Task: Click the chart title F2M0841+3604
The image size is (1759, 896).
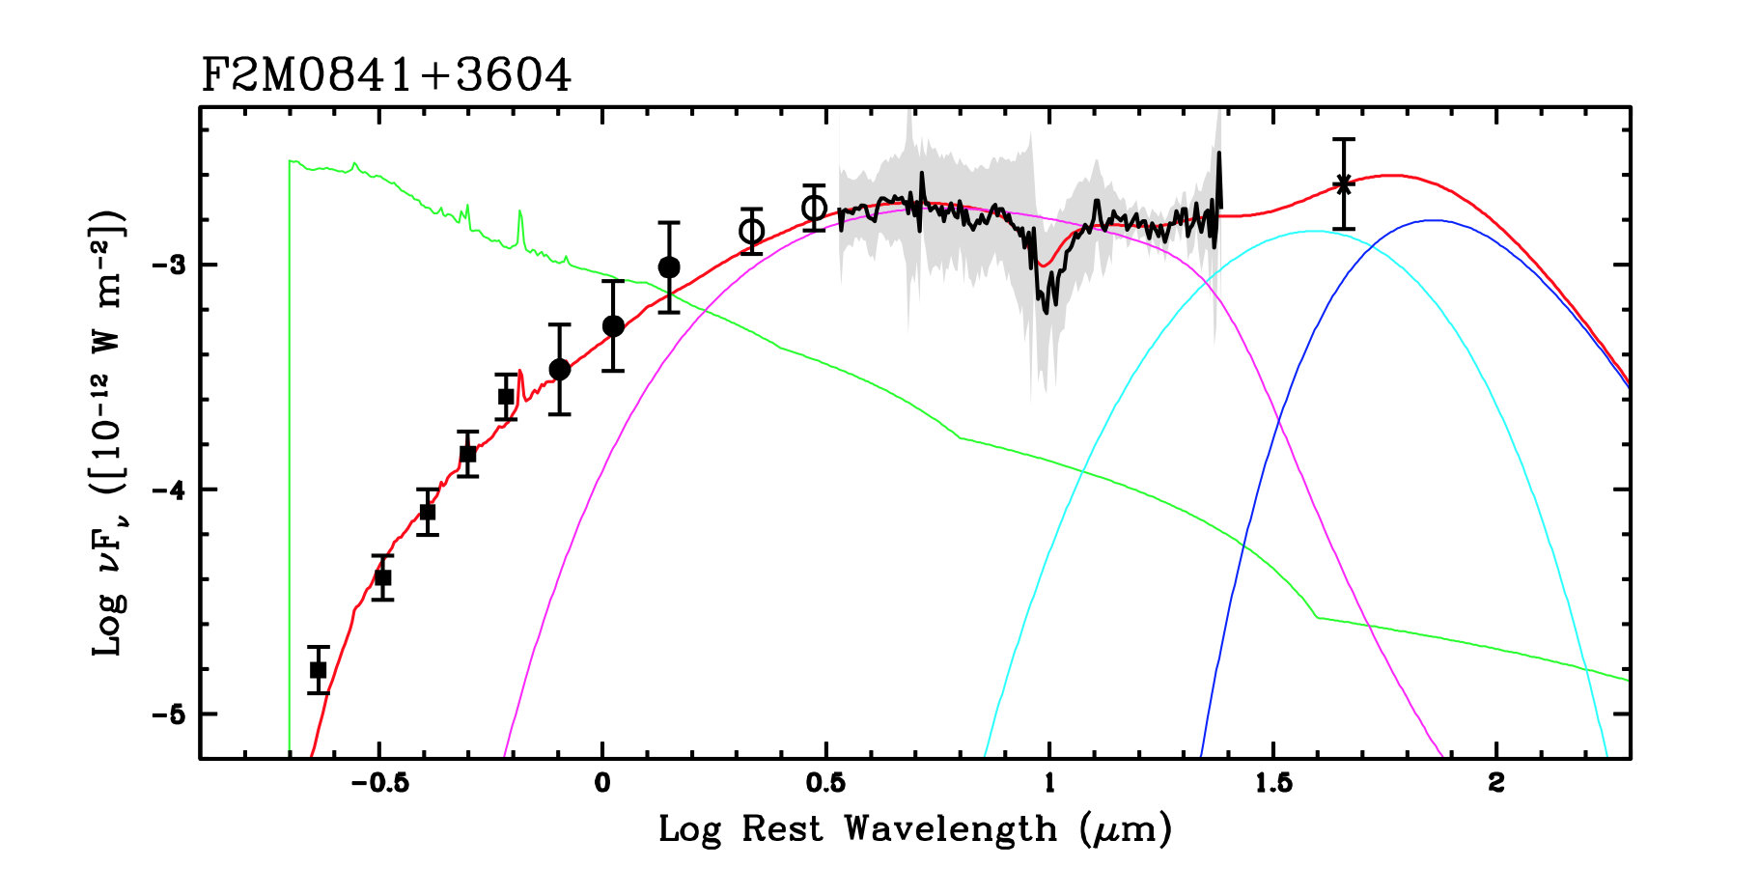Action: pos(386,76)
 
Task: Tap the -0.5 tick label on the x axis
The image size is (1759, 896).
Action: pos(379,782)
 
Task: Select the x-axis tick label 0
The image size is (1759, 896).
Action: pos(602,782)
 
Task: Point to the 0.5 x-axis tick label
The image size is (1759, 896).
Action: pos(825,782)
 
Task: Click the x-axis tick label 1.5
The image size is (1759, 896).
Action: pos(1273,782)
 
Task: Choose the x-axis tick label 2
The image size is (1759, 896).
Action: pos(1496,782)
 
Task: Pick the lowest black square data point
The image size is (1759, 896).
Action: pos(319,670)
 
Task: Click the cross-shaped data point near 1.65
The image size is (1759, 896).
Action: pos(1343,184)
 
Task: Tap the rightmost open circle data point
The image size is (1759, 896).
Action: pos(814,208)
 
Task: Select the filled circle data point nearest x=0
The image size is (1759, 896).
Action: pos(613,325)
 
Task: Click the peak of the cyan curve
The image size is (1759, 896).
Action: pos(1313,231)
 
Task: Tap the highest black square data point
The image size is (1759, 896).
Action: pos(506,397)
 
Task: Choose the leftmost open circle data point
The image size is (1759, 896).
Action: pos(752,232)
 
